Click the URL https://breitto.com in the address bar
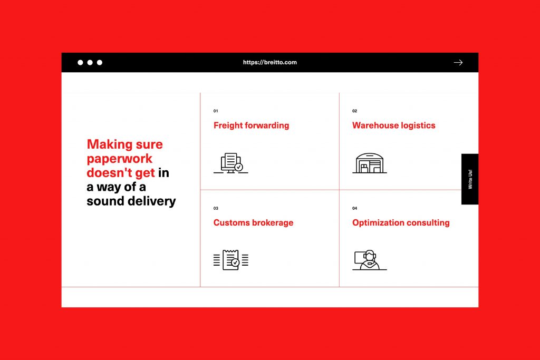[x=269, y=62]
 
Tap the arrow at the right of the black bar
[x=458, y=62]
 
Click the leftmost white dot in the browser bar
[x=80, y=62]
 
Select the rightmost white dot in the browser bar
[x=100, y=62]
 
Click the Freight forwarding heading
[x=252, y=125]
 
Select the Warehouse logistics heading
[x=393, y=125]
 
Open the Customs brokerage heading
[x=254, y=222]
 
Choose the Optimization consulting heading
[x=401, y=222]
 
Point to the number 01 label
[x=216, y=111]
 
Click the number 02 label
[x=355, y=111]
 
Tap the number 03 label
[x=216, y=208]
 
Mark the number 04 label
[x=355, y=208]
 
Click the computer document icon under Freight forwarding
[x=231, y=163]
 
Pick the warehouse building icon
[x=370, y=163]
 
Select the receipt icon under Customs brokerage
[x=231, y=260]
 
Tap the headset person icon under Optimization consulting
[x=370, y=260]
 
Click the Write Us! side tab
[x=470, y=179]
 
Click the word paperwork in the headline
[x=120, y=159]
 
